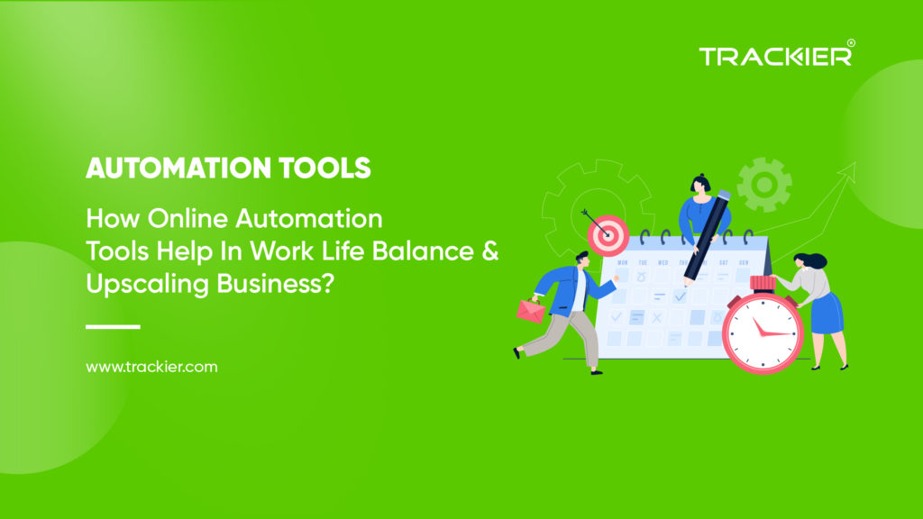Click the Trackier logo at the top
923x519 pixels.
(774, 56)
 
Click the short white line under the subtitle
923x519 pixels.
(113, 327)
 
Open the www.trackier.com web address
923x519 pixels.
(151, 368)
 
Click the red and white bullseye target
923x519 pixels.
(608, 235)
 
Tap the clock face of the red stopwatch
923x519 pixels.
(762, 330)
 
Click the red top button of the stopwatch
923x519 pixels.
(762, 282)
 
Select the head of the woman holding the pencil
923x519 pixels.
(700, 186)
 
